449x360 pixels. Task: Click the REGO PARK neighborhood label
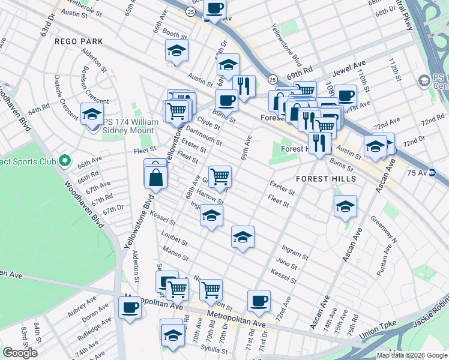tap(79, 41)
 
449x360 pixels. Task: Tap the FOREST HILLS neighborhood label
tap(327, 179)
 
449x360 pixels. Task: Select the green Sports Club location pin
tap(65, 161)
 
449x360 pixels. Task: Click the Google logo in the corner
tap(20, 353)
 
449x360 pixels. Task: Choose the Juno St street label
tap(287, 264)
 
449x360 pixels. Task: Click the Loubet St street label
tap(175, 239)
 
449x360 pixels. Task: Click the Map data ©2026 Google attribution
tap(412, 355)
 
